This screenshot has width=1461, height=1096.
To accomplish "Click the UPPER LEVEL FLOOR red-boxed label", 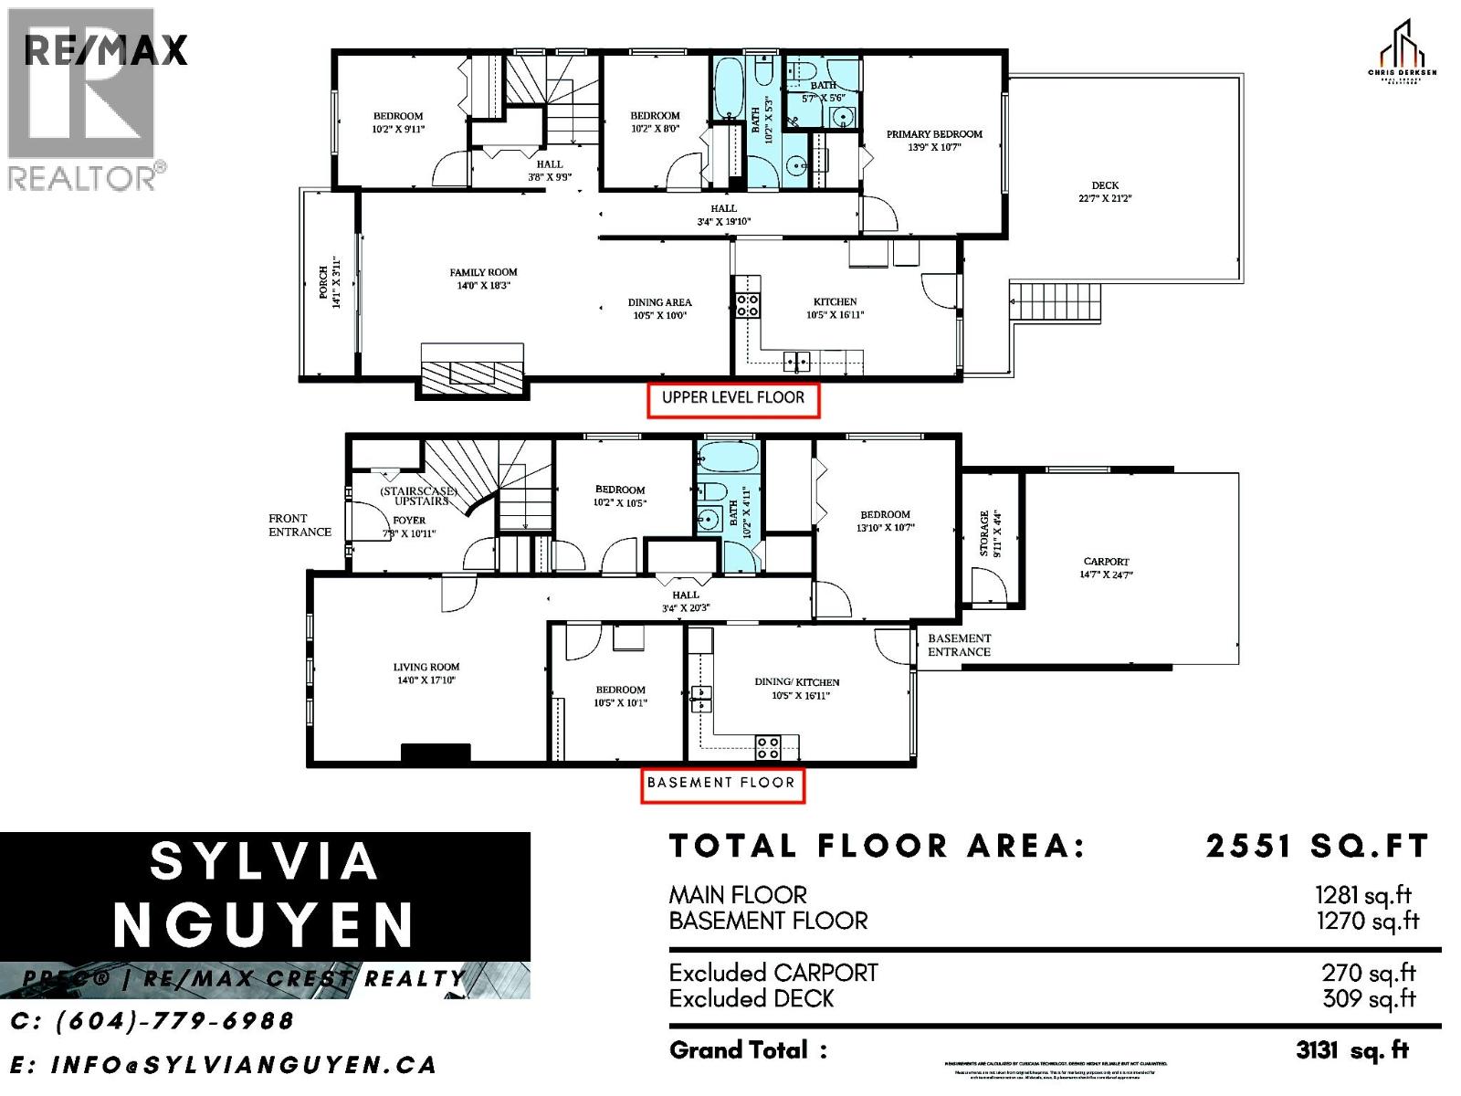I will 733,398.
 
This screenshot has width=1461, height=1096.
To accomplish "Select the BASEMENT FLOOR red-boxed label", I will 721,783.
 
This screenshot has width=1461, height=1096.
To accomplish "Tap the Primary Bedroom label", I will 934,134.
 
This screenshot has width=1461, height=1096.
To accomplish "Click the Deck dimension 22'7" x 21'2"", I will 1105,198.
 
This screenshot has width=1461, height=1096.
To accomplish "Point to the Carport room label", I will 1106,562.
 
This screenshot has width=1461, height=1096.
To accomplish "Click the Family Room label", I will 483,272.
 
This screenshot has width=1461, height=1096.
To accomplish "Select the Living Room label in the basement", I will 426,667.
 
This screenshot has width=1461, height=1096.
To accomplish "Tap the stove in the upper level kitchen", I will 747,305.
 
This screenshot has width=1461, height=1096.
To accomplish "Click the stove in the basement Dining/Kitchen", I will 767,747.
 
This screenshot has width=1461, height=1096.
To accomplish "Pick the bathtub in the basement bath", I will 727,457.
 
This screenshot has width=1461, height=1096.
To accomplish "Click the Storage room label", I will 984,533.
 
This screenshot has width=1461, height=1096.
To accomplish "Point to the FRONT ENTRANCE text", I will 300,525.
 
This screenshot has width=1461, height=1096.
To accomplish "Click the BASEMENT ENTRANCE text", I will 959,645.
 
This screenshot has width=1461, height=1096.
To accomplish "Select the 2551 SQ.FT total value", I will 1317,847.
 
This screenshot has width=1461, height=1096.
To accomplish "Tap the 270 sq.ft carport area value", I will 1368,974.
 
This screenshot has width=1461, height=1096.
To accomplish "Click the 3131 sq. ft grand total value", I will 1351,1050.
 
